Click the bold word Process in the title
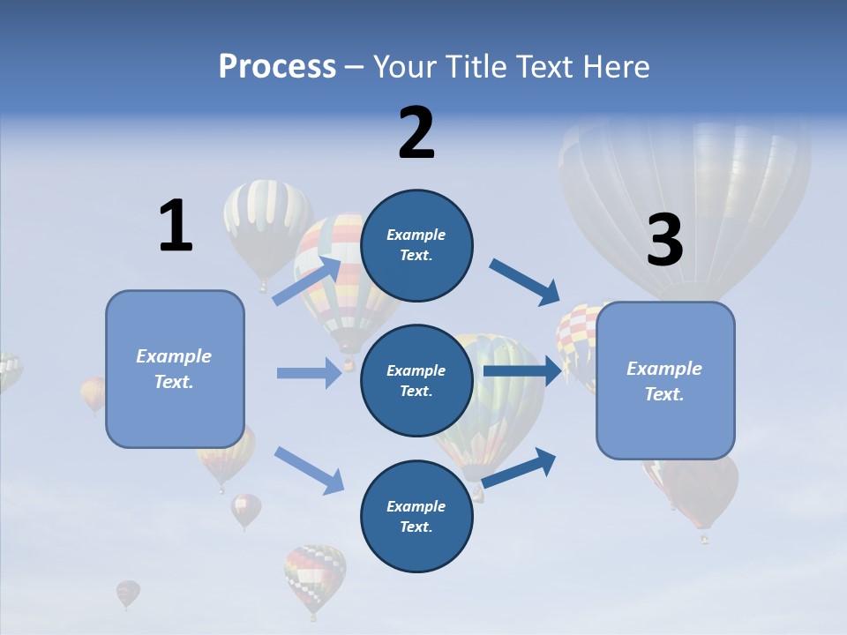277,66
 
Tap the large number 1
176,227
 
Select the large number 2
416,133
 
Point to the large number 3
665,241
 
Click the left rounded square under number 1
175,369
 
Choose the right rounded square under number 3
665,381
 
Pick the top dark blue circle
416,245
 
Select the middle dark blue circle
416,380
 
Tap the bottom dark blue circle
416,516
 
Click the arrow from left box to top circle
308,280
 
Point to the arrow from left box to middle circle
309,373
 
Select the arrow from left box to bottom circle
309,469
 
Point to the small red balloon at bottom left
128,593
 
